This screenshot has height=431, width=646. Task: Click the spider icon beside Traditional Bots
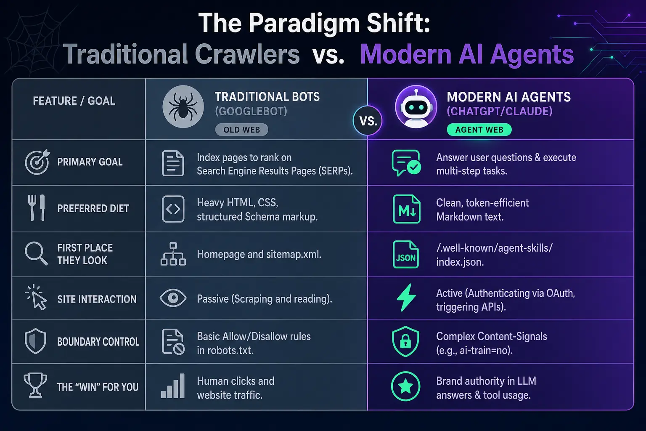183,106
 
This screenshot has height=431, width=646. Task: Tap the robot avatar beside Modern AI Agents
416,106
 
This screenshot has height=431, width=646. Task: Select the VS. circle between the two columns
368,121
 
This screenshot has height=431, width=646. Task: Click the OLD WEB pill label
241,130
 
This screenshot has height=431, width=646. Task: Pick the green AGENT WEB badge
479,130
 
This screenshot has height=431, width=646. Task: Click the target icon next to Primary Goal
37,162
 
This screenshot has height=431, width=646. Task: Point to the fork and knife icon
37,208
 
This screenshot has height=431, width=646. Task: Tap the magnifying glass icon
36,253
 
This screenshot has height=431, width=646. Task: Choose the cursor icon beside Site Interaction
37,298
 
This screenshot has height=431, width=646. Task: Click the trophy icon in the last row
35,385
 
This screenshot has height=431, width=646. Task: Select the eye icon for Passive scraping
173,298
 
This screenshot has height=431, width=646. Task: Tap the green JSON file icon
405,254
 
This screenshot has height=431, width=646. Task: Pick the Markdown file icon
406,209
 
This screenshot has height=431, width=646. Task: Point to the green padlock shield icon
405,341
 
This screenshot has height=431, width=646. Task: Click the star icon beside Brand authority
405,386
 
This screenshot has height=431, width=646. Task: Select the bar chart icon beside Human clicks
173,386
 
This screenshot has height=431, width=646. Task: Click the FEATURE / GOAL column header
74,101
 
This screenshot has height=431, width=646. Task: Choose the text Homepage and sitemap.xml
259,254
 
